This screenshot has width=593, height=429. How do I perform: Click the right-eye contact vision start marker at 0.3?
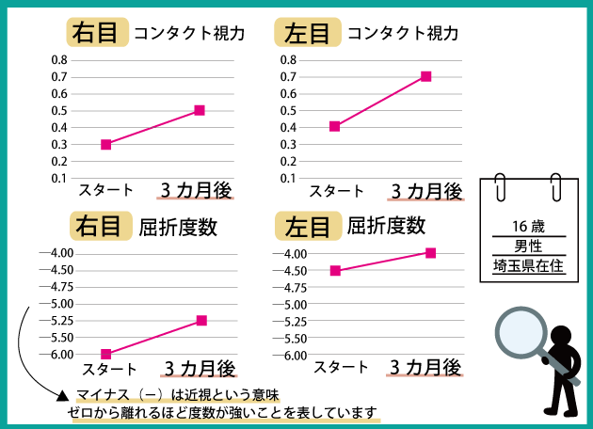coord(106,144)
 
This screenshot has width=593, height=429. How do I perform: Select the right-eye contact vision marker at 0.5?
coord(200,110)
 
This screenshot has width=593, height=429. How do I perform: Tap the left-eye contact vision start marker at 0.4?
coord(334,126)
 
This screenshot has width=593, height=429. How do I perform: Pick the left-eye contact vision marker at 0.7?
coord(425,76)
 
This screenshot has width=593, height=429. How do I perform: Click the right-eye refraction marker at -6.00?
coord(106,354)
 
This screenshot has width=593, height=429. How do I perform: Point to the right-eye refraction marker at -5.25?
coord(201,321)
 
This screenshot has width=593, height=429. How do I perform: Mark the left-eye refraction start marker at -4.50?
coord(335,271)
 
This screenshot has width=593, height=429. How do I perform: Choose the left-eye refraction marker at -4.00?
coord(431,252)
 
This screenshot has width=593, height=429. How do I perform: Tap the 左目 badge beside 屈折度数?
coord(307,227)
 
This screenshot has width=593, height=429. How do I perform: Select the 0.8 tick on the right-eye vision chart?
coord(59,60)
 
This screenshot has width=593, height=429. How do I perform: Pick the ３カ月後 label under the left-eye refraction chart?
coord(425,366)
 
